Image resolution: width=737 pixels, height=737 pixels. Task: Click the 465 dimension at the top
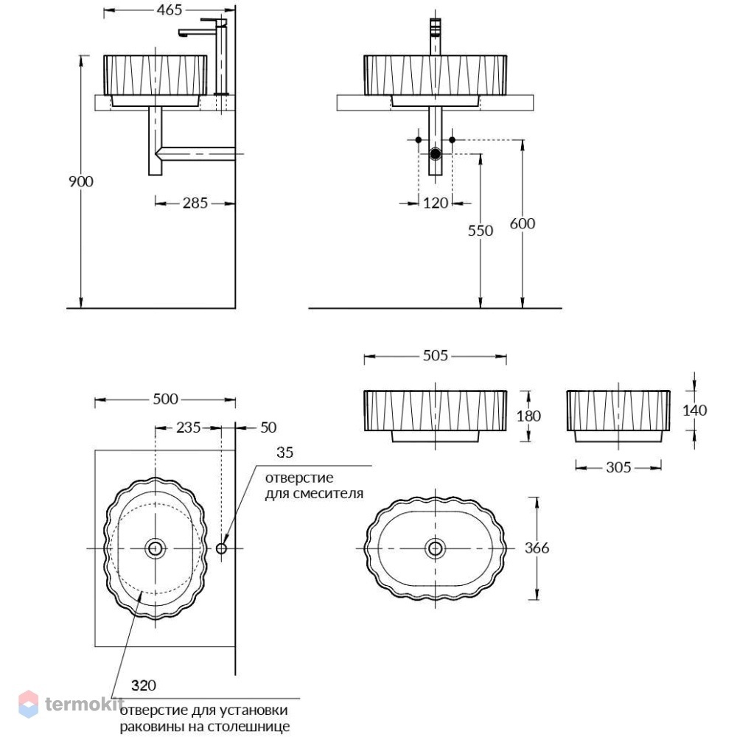coord(170,10)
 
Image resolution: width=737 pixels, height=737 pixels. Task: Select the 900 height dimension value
coord(81,181)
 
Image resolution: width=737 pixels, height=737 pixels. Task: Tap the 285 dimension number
coord(195,203)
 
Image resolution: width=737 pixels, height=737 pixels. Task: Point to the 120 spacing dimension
coord(436,203)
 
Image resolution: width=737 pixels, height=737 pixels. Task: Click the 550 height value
coord(481,231)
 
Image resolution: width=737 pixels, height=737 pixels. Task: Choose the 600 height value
coord(523,224)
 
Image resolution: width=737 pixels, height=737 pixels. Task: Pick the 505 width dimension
coord(436,356)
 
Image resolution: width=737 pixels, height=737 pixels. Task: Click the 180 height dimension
coord(528,416)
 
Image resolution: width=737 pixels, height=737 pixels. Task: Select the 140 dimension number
coord(694,411)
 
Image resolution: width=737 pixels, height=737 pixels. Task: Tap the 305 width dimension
coord(618,467)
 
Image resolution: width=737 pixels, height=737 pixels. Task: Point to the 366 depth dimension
coord(537,548)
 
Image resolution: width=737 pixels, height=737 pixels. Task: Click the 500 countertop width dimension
coord(165,399)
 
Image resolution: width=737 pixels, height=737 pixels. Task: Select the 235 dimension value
coord(188,427)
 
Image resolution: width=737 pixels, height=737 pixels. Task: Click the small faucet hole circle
coord(221,548)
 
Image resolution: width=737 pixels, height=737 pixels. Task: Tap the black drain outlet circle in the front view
coord(436,153)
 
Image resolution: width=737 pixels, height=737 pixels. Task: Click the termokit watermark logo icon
coord(28,704)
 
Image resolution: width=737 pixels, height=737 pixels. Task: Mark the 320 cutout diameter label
coord(144,685)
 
